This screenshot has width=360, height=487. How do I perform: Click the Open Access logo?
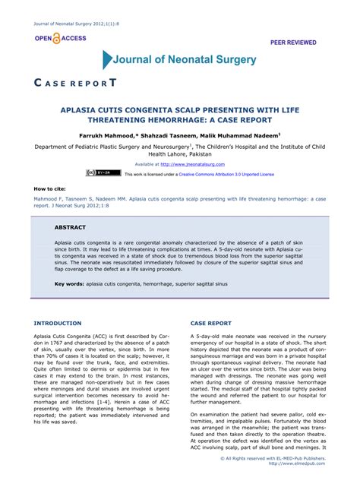click(x=58, y=38)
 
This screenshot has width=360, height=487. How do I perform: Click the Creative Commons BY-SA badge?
click(x=109, y=173)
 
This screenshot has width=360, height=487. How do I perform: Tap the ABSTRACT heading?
click(x=70, y=227)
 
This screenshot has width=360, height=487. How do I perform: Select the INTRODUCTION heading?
click(x=58, y=323)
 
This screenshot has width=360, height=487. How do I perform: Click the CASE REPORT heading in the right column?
click(x=210, y=323)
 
